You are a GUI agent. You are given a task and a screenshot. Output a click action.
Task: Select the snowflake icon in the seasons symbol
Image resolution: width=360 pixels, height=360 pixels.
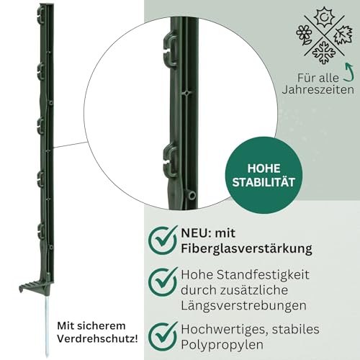pos(324,53)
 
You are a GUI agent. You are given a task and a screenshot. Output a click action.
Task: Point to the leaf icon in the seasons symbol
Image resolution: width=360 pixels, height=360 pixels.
pos(343,35)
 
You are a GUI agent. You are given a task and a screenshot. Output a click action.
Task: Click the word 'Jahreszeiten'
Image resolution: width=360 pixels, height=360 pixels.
pos(318,90)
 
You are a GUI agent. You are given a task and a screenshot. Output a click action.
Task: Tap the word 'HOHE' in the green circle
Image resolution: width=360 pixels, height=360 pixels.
pos(264,168)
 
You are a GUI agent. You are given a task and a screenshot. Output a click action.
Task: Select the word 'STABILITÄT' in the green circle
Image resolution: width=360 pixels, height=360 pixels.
pos(264,182)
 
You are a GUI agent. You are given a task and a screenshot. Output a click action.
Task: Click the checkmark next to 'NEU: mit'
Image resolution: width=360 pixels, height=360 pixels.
pos(163,240)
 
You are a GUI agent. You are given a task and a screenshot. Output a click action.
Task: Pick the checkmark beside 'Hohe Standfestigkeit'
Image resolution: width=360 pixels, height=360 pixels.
pos(163,282)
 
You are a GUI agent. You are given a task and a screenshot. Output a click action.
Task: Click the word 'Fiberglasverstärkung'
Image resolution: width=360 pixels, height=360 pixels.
pos(246,248)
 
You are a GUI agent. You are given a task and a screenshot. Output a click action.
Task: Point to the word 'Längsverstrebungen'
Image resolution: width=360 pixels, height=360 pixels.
pos(243,306)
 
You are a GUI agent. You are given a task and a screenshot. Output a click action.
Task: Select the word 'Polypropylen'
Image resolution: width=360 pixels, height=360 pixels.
pos(222,345)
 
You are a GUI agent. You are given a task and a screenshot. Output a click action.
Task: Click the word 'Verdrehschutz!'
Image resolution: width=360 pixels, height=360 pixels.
pos(97,338)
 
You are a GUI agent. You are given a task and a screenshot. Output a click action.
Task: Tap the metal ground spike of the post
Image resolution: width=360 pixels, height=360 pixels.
pos(47,325)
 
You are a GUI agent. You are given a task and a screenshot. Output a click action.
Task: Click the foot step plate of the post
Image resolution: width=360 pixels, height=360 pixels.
pos(34,286)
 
